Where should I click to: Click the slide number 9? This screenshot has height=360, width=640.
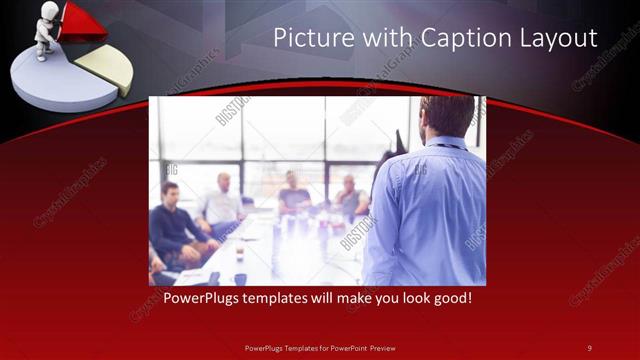pos(590,347)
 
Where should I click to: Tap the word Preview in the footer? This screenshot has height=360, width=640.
pos(378,347)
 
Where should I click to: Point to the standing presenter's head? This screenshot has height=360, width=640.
pos(442,116)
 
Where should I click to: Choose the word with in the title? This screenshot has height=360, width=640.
pos(383,39)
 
